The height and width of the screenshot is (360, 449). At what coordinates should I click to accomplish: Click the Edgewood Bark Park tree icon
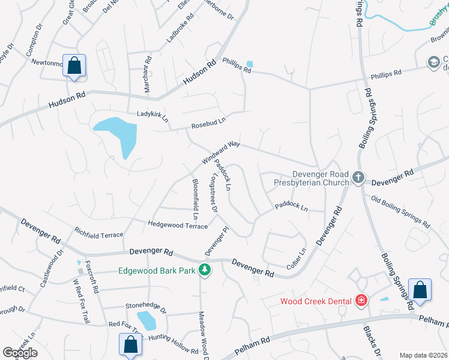coord(205,270)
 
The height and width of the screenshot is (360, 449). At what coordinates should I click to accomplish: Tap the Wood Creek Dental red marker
coord(361,299)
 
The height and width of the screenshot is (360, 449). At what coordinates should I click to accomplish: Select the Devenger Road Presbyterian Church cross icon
coord(358,177)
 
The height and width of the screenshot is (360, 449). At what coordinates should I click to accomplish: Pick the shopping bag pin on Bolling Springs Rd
coord(420,290)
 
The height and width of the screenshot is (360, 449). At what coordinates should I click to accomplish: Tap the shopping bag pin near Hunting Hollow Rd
coord(130,345)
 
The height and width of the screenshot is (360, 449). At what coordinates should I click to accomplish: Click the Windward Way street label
coord(221,153)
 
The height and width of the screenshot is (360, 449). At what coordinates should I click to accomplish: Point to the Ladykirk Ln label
coord(152,113)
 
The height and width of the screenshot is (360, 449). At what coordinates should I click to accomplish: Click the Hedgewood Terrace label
coord(178,224)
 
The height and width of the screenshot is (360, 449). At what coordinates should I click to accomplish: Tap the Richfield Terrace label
coord(98,232)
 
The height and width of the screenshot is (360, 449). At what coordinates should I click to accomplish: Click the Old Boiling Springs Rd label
coord(400,212)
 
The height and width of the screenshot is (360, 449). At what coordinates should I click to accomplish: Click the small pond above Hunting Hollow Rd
coord(146,320)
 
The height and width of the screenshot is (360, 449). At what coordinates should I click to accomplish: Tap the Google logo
coord(20,353)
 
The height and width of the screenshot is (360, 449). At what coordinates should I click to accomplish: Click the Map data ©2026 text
coord(423,355)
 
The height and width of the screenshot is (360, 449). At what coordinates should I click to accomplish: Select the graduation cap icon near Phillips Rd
coord(433,62)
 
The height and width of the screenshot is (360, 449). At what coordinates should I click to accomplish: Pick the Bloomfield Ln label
coord(195,198)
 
